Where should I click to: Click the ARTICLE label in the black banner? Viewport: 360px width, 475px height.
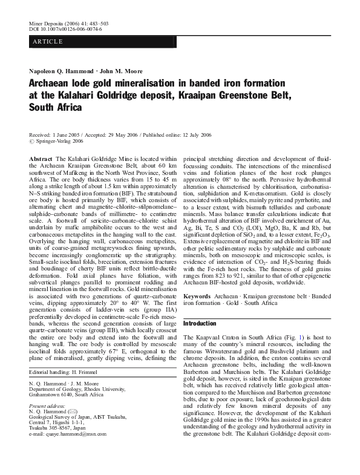coord(45,41)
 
